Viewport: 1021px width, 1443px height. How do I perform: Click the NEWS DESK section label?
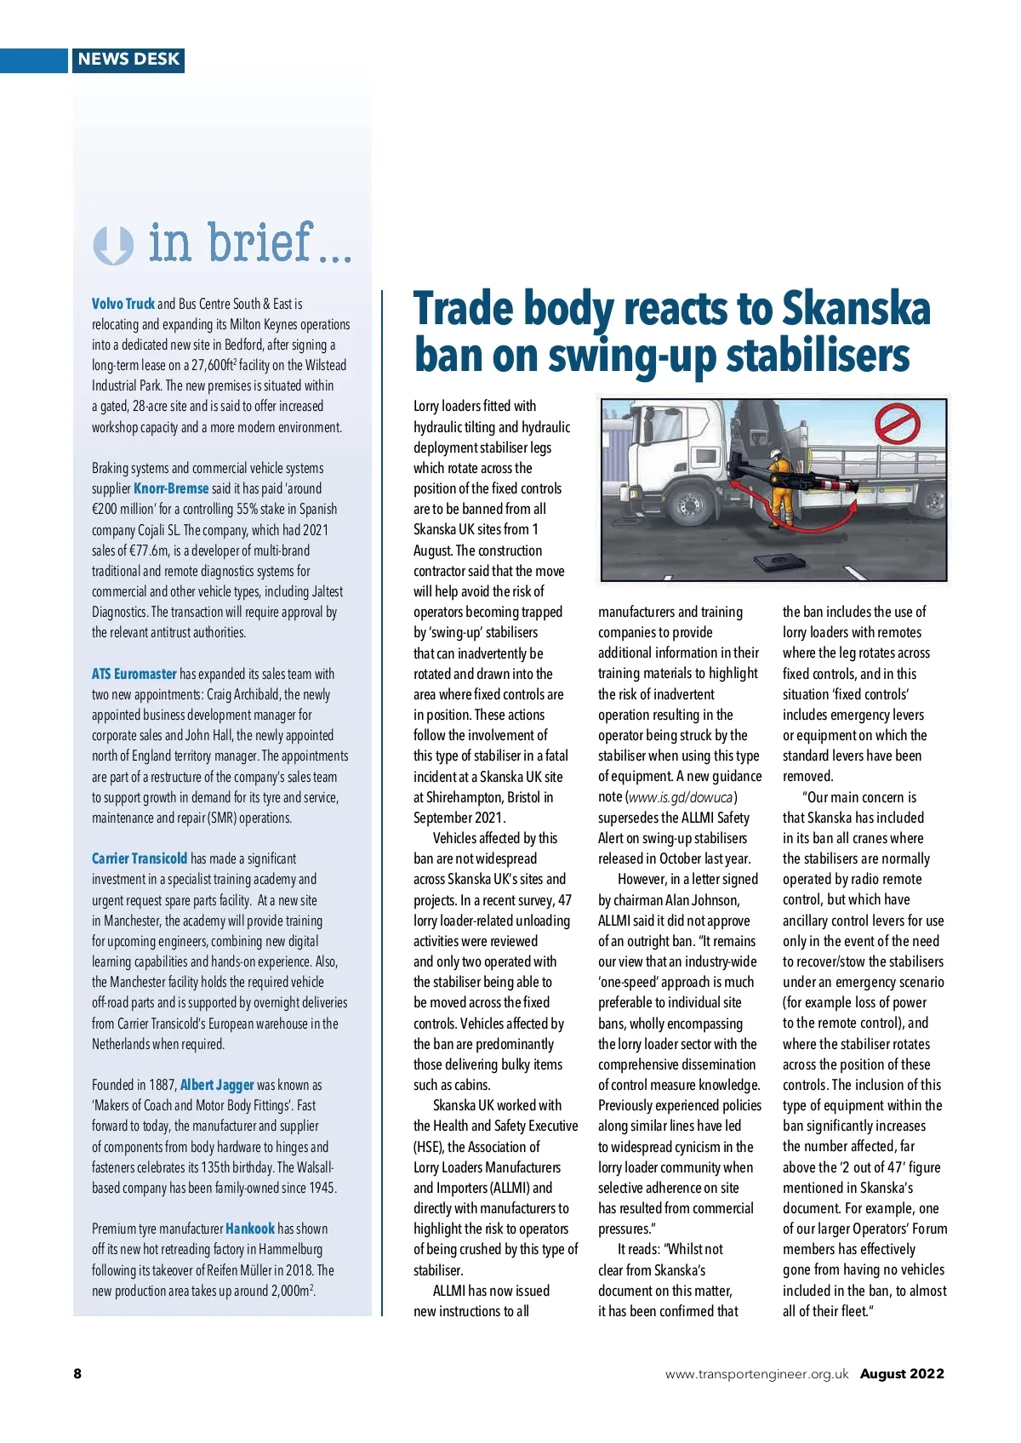click(128, 60)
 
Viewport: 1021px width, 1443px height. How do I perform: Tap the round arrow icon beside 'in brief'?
click(113, 245)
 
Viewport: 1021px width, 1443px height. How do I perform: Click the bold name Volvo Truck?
click(123, 304)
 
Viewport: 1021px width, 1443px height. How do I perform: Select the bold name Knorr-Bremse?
click(171, 488)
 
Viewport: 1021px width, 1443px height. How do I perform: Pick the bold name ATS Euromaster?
click(134, 674)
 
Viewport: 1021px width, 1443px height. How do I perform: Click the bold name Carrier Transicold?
click(140, 858)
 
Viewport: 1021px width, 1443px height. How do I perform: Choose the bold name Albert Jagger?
click(217, 1085)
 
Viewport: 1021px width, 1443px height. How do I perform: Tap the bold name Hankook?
click(250, 1229)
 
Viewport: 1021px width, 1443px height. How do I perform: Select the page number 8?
click(77, 1373)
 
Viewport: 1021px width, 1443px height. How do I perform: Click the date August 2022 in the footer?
click(902, 1373)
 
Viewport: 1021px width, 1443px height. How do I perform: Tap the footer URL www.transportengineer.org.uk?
click(756, 1373)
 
